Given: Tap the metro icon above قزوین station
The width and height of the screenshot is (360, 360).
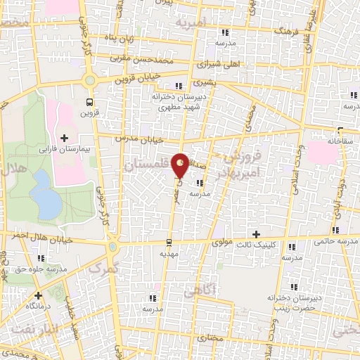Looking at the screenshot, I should (x=89, y=99).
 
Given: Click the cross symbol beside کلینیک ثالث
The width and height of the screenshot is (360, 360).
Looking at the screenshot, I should (x=256, y=234).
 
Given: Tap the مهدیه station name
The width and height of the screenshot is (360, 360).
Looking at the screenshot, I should (x=170, y=252).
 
